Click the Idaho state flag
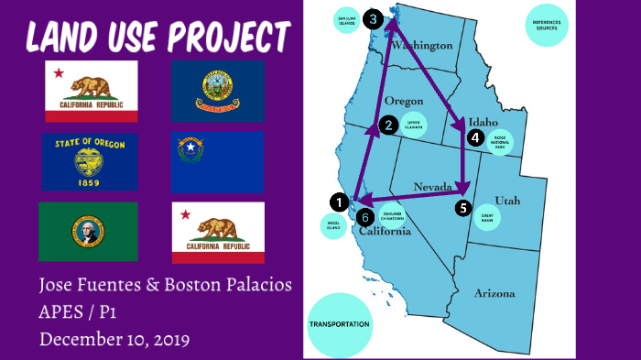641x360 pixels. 218,92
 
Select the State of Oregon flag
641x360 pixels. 90,161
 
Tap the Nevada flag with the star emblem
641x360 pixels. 218,161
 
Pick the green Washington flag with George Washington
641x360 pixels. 88,231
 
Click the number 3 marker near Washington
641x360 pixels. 372,18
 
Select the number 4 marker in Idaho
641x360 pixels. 474,137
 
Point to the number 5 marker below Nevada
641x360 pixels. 463,208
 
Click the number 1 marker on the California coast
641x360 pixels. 339,202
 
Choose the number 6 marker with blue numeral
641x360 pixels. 365,217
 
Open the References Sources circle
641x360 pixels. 548,25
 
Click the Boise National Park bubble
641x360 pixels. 500,139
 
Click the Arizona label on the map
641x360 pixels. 494,293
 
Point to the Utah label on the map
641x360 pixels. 507,200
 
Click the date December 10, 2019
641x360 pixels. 114,339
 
